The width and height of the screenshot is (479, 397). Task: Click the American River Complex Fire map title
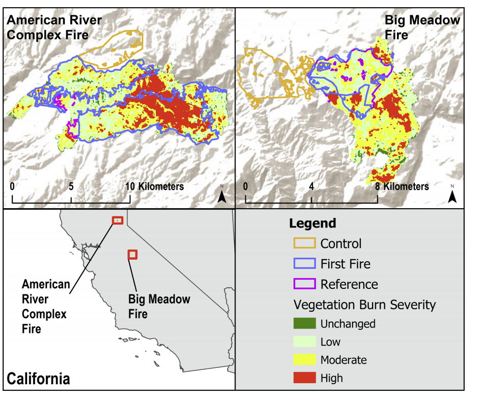54,28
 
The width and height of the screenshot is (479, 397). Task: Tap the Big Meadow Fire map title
421,28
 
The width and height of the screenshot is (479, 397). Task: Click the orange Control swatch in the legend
304,243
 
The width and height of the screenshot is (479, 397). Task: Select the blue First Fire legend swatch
304,264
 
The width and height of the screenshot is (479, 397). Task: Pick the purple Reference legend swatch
304,284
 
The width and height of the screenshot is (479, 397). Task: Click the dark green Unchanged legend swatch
304,324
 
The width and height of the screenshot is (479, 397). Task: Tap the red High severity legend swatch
304,378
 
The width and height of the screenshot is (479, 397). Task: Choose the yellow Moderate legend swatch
304,360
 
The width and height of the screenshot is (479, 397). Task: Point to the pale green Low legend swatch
304,341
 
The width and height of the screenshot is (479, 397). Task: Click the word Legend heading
312,224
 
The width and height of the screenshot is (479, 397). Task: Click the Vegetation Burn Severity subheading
364,305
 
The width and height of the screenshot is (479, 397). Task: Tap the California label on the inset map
38,379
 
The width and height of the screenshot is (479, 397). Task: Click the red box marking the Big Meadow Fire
132,254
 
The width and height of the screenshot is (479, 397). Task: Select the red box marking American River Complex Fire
118,220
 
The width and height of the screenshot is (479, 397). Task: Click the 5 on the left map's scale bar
71,186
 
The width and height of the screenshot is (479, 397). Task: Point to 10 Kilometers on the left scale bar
154,186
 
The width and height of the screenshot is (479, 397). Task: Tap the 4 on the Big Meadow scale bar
311,186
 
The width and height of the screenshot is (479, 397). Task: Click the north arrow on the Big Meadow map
452,194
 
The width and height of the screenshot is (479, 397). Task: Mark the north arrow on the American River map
221,194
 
